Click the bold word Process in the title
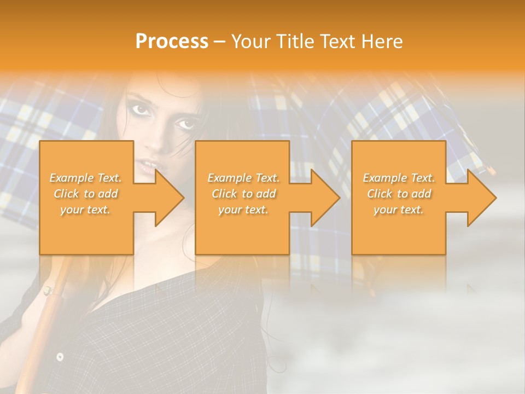172,42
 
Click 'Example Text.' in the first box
86,178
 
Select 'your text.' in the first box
86,210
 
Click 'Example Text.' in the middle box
243,178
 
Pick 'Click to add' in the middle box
243,194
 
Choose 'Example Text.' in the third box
399,178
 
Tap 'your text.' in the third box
399,210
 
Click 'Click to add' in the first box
86,194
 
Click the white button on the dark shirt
60,357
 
